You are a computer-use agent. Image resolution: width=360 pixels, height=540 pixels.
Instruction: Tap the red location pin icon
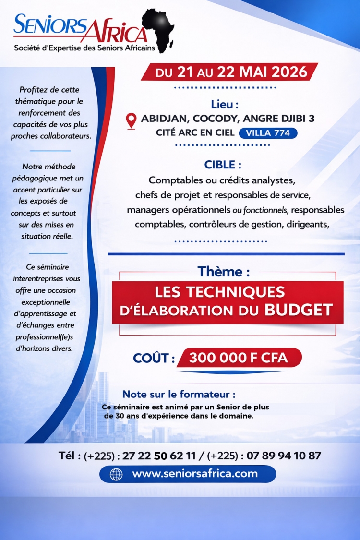[131, 120]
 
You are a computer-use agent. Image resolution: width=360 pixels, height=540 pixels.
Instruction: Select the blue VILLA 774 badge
[268, 133]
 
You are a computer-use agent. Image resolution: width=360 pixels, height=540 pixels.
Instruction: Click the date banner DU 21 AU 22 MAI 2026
[230, 72]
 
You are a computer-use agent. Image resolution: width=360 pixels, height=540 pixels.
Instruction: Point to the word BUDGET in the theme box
[299, 310]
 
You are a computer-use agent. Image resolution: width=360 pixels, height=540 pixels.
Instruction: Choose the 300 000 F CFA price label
[238, 358]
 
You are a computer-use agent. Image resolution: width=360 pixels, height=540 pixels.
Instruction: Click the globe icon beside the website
[116, 474]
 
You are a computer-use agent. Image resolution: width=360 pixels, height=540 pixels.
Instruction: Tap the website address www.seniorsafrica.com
[195, 474]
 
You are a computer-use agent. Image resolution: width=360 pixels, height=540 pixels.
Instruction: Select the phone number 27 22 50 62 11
[159, 456]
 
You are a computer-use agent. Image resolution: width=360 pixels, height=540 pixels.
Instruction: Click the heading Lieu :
[224, 104]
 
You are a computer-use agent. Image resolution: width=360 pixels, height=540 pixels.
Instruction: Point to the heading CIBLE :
[223, 165]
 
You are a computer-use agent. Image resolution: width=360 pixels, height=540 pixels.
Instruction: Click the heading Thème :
[223, 272]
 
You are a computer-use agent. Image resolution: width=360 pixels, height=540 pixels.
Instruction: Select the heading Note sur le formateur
[179, 395]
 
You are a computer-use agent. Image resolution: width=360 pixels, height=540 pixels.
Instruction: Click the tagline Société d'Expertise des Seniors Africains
[84, 48]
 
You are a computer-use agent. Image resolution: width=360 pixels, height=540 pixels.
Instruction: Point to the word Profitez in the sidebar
[35, 90]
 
